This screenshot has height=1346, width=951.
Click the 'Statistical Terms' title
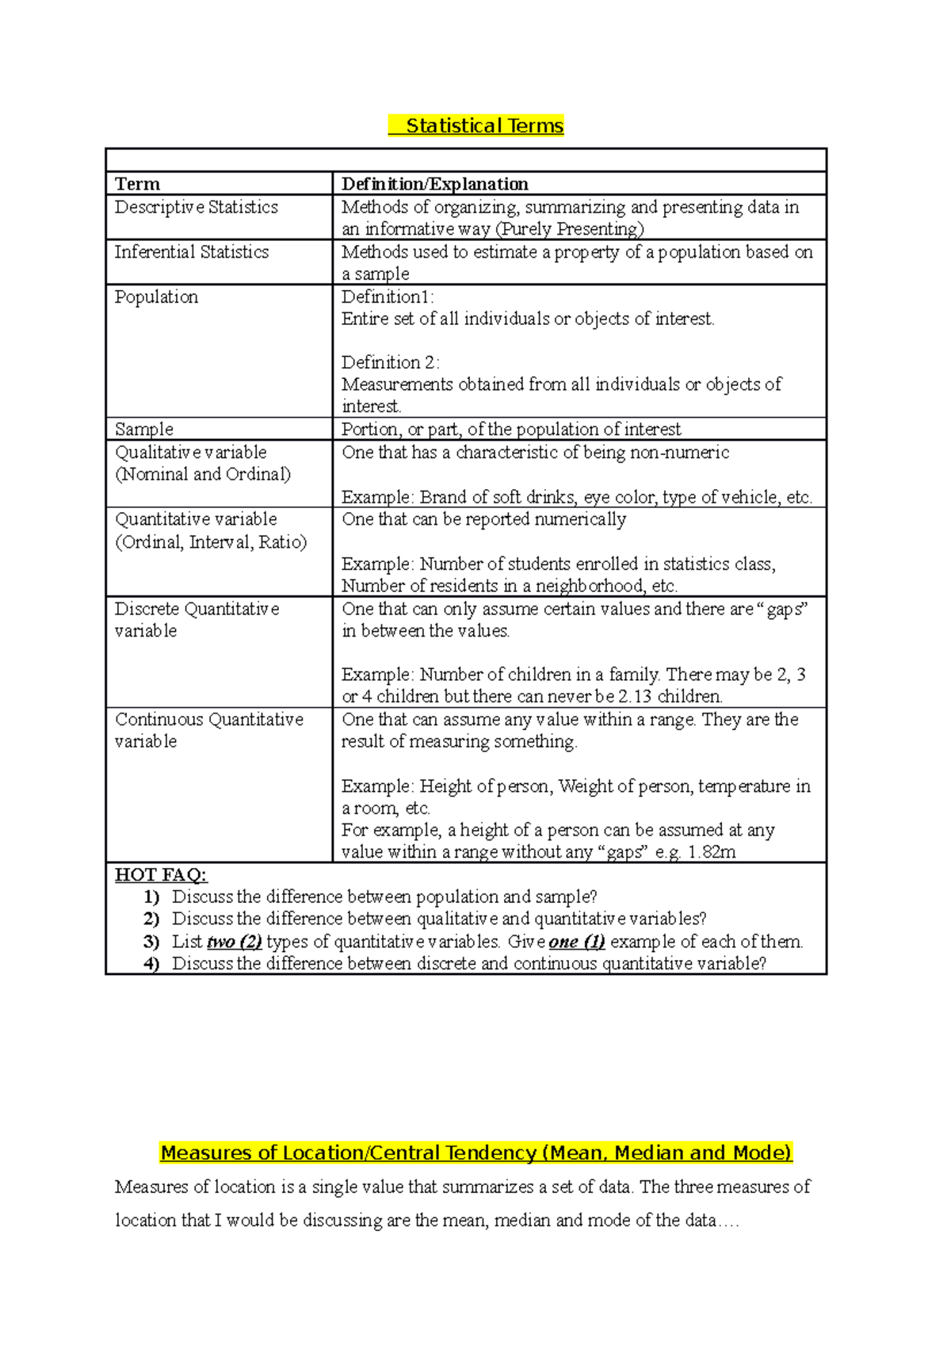[x=484, y=126]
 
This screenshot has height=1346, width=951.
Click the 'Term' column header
[x=137, y=184]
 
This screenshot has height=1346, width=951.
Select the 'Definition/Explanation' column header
[x=434, y=184]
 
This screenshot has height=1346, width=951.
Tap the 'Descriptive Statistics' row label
[x=196, y=207]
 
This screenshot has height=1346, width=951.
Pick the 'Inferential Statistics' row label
[x=191, y=252]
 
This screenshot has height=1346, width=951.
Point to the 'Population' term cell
[x=156, y=297]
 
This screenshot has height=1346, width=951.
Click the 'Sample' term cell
[x=143, y=429]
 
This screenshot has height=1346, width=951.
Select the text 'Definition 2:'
[x=390, y=362]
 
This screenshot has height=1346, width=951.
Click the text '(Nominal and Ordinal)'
[x=203, y=474]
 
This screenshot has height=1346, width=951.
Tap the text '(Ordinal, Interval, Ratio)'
[x=211, y=542]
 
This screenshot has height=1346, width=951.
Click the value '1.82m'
[x=712, y=852]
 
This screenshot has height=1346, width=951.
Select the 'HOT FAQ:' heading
[x=161, y=875]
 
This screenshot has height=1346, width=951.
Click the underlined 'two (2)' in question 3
[x=234, y=942]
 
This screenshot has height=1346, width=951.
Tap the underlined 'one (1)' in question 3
[x=576, y=942]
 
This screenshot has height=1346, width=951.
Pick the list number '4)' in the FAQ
[x=151, y=964]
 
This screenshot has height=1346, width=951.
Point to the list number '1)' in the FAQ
[x=151, y=897]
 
